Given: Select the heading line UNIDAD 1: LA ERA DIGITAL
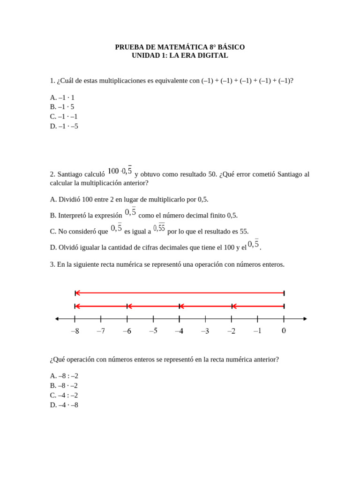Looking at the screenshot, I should point(180,55).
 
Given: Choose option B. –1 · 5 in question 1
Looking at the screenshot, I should point(62,107).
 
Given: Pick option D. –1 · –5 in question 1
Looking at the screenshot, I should point(64,126).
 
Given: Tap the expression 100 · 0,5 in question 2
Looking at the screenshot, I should point(120,171).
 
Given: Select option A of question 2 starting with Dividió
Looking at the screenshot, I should point(129,199).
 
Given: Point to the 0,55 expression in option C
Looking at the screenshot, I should point(159,228).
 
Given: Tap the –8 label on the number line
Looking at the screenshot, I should point(75,331).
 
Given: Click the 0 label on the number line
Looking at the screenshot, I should point(284,330).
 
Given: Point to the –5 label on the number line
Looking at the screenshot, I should point(153,330).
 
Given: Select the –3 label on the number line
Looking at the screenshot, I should point(205,331).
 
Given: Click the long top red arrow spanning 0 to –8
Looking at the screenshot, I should point(180,293).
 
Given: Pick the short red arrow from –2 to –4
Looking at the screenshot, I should point(205,306).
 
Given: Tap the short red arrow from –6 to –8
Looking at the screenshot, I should point(101,306).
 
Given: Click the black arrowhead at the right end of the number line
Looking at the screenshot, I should point(305,319).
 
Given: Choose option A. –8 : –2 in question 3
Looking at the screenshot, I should point(64,376).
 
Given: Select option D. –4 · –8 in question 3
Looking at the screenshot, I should point(64,405).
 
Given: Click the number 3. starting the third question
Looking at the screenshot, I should point(52,264).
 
